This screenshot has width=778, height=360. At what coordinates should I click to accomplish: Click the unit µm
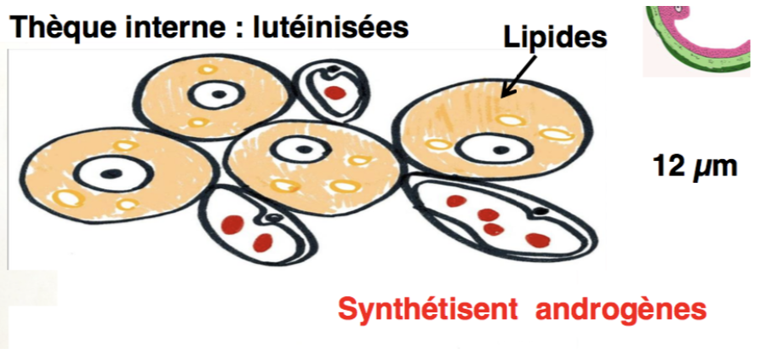[x=714, y=168]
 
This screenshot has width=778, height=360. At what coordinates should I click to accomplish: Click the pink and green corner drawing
[x=698, y=38]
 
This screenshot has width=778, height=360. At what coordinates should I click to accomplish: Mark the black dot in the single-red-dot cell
[x=335, y=70]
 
